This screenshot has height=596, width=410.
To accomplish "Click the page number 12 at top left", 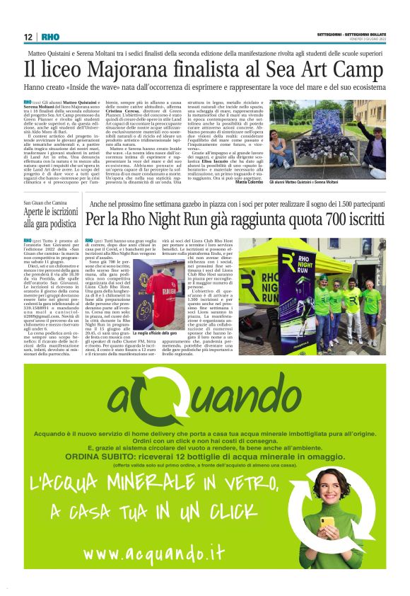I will (29, 37).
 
